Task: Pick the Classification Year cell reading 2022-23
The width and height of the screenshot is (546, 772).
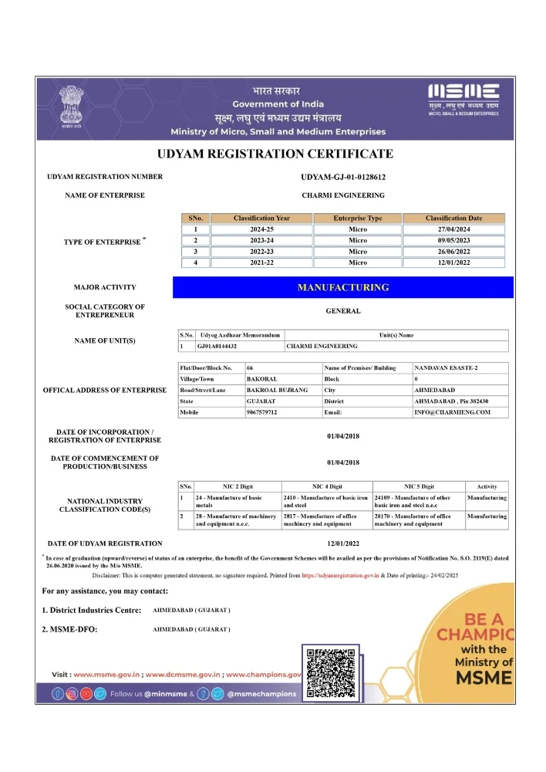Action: click(261, 252)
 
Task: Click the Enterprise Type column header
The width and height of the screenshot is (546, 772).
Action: click(357, 218)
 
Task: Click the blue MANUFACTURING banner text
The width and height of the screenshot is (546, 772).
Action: click(342, 287)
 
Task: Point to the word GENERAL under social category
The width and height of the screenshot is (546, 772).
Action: click(342, 311)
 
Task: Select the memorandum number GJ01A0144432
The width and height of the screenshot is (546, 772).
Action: click(217, 347)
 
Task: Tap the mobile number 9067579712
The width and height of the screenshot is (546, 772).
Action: click(261, 413)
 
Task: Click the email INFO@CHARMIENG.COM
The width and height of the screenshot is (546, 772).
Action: click(452, 413)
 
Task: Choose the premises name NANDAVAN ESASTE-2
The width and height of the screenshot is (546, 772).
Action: click(446, 368)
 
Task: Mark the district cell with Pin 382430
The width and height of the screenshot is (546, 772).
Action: click(451, 401)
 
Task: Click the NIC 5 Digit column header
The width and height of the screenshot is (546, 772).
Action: click(419, 486)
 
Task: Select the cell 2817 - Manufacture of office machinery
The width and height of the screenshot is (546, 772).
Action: click(325, 520)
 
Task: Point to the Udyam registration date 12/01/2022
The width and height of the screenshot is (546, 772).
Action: click(342, 543)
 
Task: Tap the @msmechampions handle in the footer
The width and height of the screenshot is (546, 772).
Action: click(262, 694)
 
